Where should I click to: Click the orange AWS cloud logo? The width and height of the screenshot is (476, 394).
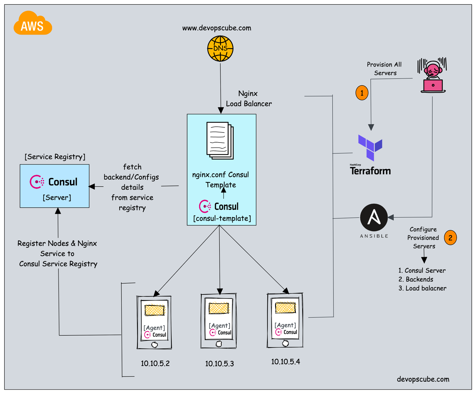point(33,24)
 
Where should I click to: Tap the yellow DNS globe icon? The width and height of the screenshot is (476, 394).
point(220,49)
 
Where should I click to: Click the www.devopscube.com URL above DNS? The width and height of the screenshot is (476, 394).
point(217,28)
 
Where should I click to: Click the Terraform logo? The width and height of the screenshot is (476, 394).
point(370,155)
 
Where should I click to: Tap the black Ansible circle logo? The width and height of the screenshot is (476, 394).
point(374,218)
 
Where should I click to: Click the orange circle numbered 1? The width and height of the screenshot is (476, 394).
point(362,93)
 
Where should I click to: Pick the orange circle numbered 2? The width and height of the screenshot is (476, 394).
point(450,238)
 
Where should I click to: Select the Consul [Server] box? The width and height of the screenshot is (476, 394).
point(54,186)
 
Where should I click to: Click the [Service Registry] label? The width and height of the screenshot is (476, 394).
point(55,157)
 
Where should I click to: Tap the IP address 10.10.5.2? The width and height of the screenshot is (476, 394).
point(155,363)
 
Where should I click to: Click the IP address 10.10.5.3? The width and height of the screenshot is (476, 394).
point(220,364)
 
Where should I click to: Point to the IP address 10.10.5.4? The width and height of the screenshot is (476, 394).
point(285,362)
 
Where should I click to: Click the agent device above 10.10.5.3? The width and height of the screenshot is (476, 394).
point(219,321)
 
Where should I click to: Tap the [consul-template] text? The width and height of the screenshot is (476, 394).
point(222,218)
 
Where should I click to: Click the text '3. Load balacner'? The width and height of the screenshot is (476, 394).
point(422,288)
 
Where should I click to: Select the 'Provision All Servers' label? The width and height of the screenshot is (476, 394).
point(384,69)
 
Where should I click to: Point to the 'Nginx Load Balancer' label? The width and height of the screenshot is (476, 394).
point(249,98)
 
